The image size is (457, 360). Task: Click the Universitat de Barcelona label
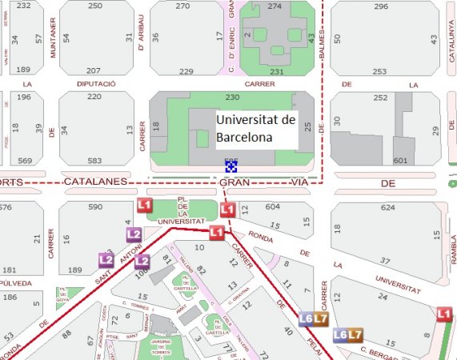click(x=255, y=128)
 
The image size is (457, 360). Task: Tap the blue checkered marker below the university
click(x=231, y=166)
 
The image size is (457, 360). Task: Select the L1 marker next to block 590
click(x=145, y=206)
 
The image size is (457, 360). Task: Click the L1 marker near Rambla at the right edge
click(x=445, y=316)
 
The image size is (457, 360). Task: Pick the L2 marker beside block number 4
click(x=134, y=234)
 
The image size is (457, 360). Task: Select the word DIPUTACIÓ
click(x=96, y=84)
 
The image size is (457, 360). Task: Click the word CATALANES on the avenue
click(x=96, y=182)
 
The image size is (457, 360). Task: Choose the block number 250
click(x=95, y=6)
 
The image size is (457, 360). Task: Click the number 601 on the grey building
click(x=400, y=161)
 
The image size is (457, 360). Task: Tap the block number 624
click(x=389, y=208)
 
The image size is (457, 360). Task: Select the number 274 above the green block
click(x=275, y=6)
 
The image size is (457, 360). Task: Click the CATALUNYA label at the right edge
click(x=451, y=35)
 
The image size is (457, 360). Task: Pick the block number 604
click(x=273, y=206)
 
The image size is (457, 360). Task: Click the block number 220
click(x=94, y=97)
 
